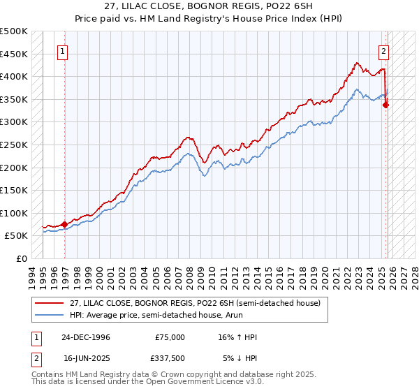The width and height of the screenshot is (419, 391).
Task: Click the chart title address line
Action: [209, 6]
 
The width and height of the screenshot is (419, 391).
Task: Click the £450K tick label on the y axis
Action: [14, 54]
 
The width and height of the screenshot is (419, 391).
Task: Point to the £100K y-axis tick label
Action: [14, 213]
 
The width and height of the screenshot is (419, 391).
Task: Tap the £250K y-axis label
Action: [14, 145]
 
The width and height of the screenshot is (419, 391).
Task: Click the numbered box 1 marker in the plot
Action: [64, 50]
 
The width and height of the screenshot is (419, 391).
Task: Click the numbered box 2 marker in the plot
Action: [384, 50]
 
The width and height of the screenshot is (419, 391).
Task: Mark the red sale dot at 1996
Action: [65, 224]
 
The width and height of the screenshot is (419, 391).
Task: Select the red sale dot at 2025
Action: [386, 105]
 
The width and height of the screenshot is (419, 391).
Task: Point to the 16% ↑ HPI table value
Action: [237, 337]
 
